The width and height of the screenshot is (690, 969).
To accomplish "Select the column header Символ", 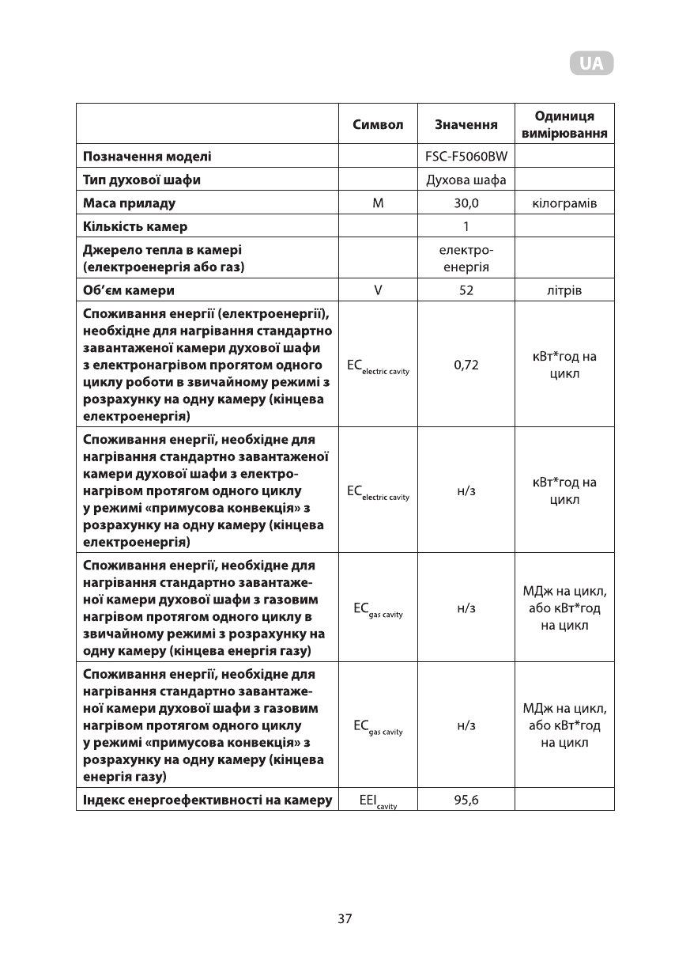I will pyautogui.click(x=378, y=125).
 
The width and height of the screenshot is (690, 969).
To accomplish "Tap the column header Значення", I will pyautogui.click(x=466, y=125).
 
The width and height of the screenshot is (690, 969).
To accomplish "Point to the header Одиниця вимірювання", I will pyautogui.click(x=564, y=124).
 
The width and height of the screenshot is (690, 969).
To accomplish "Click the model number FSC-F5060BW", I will pyautogui.click(x=466, y=157).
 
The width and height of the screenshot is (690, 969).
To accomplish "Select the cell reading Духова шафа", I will pyautogui.click(x=466, y=180).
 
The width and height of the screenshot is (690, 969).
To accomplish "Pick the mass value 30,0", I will pyautogui.click(x=466, y=203).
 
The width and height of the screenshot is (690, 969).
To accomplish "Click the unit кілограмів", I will pyautogui.click(x=564, y=203).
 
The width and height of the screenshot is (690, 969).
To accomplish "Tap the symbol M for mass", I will pyautogui.click(x=378, y=203).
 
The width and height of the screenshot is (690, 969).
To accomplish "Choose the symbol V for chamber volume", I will pyautogui.click(x=378, y=290).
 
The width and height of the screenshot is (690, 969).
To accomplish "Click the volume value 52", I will pyautogui.click(x=466, y=290).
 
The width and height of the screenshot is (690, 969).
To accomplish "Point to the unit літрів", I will pyautogui.click(x=564, y=290).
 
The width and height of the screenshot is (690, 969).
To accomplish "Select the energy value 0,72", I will pyautogui.click(x=466, y=365).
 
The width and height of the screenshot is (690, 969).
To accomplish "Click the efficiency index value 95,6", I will pyautogui.click(x=466, y=800).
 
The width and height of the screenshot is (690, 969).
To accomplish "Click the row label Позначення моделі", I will pyautogui.click(x=148, y=157).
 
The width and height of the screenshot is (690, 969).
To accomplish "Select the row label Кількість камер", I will pyautogui.click(x=135, y=227).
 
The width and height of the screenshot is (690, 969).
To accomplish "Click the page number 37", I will pyautogui.click(x=345, y=918).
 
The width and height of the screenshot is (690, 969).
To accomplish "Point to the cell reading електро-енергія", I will pyautogui.click(x=466, y=259).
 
